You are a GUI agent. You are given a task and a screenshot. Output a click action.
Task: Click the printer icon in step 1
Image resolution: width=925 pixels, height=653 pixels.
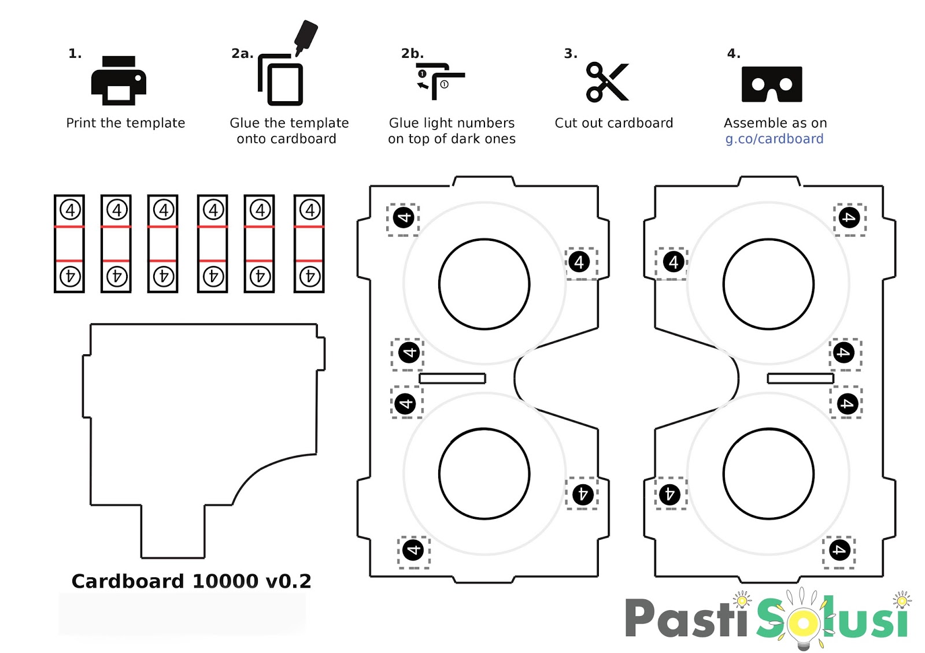pos(119,81)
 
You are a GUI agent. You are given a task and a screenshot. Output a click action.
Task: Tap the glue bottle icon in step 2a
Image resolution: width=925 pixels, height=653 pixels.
pos(305,36)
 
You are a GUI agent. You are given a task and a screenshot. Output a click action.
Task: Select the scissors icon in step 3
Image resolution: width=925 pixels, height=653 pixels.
pos(606,82)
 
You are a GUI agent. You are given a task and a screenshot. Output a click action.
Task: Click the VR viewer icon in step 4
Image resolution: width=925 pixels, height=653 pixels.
pos(771,84)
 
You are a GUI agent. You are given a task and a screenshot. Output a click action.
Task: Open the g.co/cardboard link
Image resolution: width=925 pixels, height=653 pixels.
pos(774,139)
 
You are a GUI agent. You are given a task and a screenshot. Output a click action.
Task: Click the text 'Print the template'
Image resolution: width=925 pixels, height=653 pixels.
pos(125,123)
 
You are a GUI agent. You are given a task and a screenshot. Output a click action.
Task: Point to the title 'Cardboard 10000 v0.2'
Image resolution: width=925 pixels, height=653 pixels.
pos(191,581)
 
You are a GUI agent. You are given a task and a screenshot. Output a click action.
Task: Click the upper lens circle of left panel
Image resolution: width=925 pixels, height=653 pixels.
pos(484,284)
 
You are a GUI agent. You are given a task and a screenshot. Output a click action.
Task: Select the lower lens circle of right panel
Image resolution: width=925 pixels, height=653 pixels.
pos(768,474)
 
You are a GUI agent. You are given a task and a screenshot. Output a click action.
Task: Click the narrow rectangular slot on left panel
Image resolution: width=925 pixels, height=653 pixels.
pos(452,379)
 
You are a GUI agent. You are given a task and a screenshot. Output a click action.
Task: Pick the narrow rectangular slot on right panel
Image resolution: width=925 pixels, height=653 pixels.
pos(800,379)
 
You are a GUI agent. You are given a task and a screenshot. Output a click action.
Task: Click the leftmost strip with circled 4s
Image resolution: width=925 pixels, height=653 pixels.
pos(69,243)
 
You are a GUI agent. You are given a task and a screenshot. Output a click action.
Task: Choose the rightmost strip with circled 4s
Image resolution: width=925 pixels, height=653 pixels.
pos(309,243)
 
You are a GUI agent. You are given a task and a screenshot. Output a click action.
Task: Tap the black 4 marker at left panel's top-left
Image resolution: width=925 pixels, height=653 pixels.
pos(404,218)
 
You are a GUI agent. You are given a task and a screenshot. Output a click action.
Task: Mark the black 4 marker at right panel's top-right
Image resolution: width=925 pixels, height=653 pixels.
pos(849,218)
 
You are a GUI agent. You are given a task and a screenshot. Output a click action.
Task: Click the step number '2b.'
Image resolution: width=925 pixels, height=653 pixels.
pos(412,54)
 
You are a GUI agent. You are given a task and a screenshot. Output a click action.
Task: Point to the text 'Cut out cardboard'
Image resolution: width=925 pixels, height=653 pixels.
pos(613,123)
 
